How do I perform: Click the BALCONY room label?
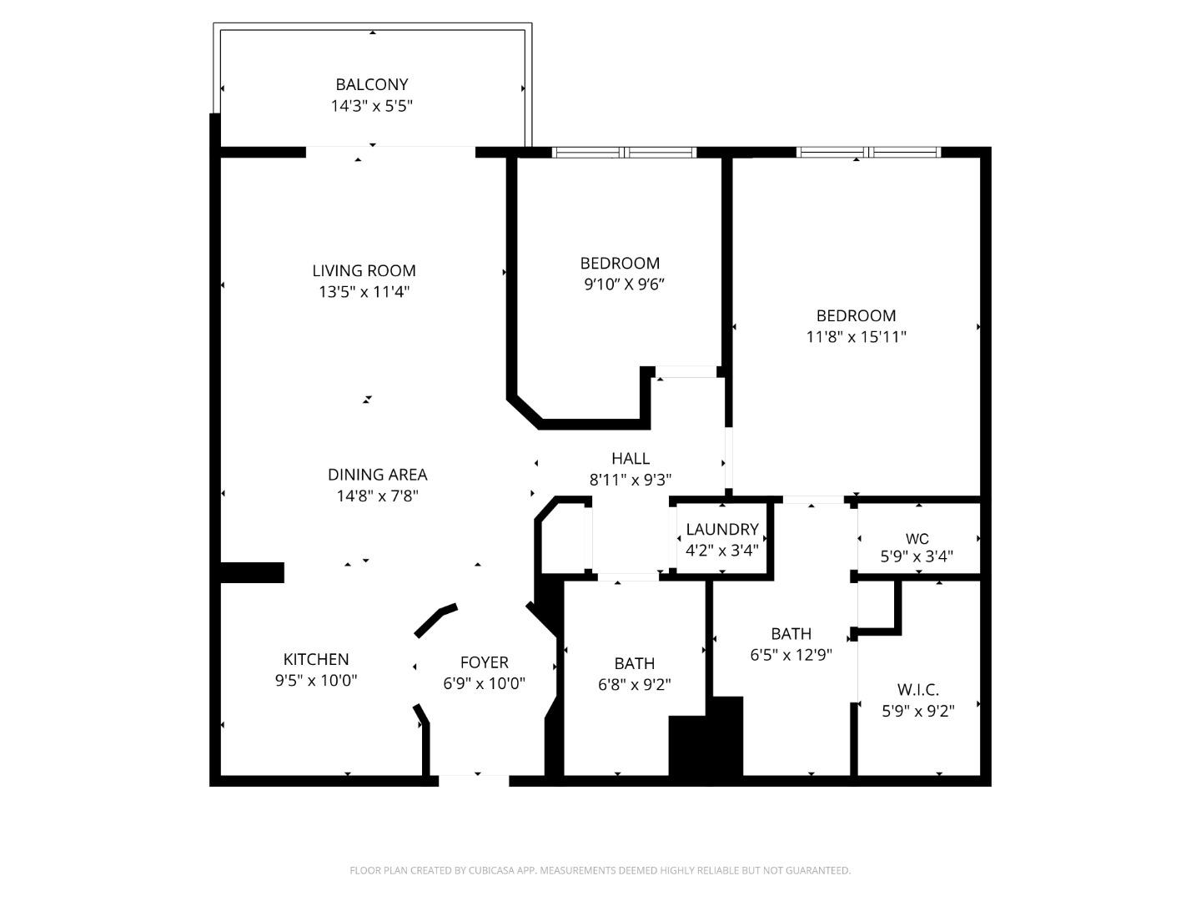click(x=372, y=84)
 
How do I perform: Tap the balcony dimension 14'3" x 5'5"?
click(x=372, y=106)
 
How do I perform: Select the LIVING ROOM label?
click(x=364, y=270)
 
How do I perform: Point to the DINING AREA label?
click(x=377, y=475)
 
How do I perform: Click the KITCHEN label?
click(x=316, y=659)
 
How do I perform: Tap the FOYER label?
click(x=485, y=662)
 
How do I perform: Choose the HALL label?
click(x=631, y=458)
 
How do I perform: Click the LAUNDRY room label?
click(x=722, y=530)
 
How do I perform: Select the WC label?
click(x=917, y=539)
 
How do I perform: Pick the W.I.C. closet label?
click(x=918, y=690)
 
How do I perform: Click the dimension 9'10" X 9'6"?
click(x=624, y=284)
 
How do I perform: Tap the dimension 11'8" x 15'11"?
click(x=857, y=337)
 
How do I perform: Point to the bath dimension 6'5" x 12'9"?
click(x=791, y=655)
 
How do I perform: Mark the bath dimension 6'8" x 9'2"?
click(x=635, y=685)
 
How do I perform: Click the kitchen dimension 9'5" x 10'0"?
click(x=316, y=680)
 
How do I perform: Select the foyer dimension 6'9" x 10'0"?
click(x=485, y=684)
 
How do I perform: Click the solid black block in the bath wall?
click(x=706, y=738)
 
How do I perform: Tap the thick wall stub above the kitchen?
click(x=252, y=572)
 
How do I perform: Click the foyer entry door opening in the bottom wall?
click(x=474, y=781)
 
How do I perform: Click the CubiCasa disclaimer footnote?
click(x=600, y=870)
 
